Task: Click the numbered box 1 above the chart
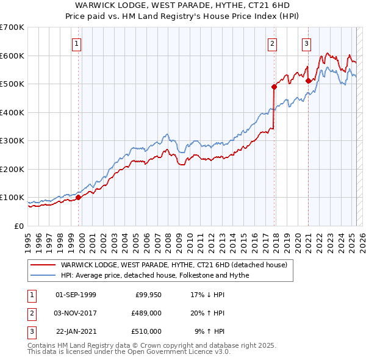(77, 43)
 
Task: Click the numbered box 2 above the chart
(271, 43)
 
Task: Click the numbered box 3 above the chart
(306, 43)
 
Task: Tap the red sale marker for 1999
(78, 197)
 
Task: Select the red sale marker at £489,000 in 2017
(274, 87)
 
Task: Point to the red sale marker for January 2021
(308, 81)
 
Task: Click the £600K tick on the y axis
(12, 56)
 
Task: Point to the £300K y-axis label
(12, 140)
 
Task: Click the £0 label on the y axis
(18, 226)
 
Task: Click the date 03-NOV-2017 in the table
(76, 313)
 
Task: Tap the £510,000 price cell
(146, 331)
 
